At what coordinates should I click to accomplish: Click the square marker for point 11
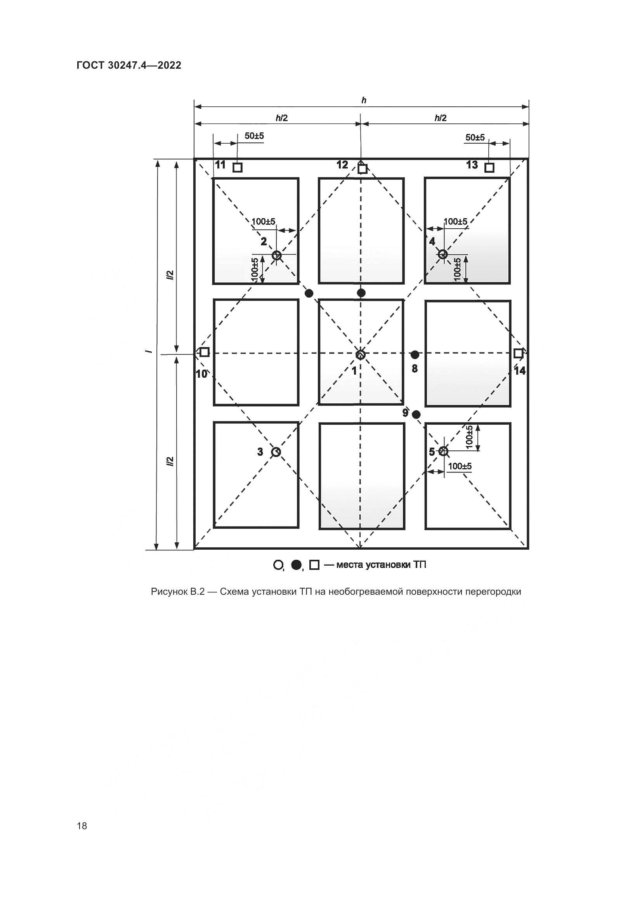point(237,167)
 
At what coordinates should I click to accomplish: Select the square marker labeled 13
point(489,167)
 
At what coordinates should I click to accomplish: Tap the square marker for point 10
point(204,352)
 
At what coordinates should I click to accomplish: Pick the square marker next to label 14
point(518,353)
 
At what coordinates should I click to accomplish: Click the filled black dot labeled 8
point(415,354)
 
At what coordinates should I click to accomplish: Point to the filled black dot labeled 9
point(416,415)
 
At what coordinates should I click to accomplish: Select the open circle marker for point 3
point(276,451)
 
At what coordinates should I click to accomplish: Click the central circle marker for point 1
point(360,354)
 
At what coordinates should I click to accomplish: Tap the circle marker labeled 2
point(277,255)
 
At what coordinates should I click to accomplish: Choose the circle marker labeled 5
point(443,451)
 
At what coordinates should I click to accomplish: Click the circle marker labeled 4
point(443,254)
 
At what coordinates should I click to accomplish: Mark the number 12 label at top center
point(342,165)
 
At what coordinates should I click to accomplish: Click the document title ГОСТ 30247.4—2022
point(129,65)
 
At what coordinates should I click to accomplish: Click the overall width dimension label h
point(364,101)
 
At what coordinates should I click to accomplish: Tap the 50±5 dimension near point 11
point(254,136)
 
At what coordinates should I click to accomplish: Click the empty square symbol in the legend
point(314,565)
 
